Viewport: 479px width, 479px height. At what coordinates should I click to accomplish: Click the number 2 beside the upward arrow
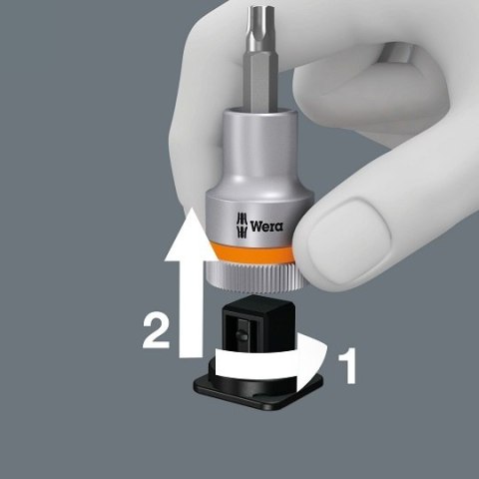156,330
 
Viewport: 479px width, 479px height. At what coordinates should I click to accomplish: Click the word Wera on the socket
266,226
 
